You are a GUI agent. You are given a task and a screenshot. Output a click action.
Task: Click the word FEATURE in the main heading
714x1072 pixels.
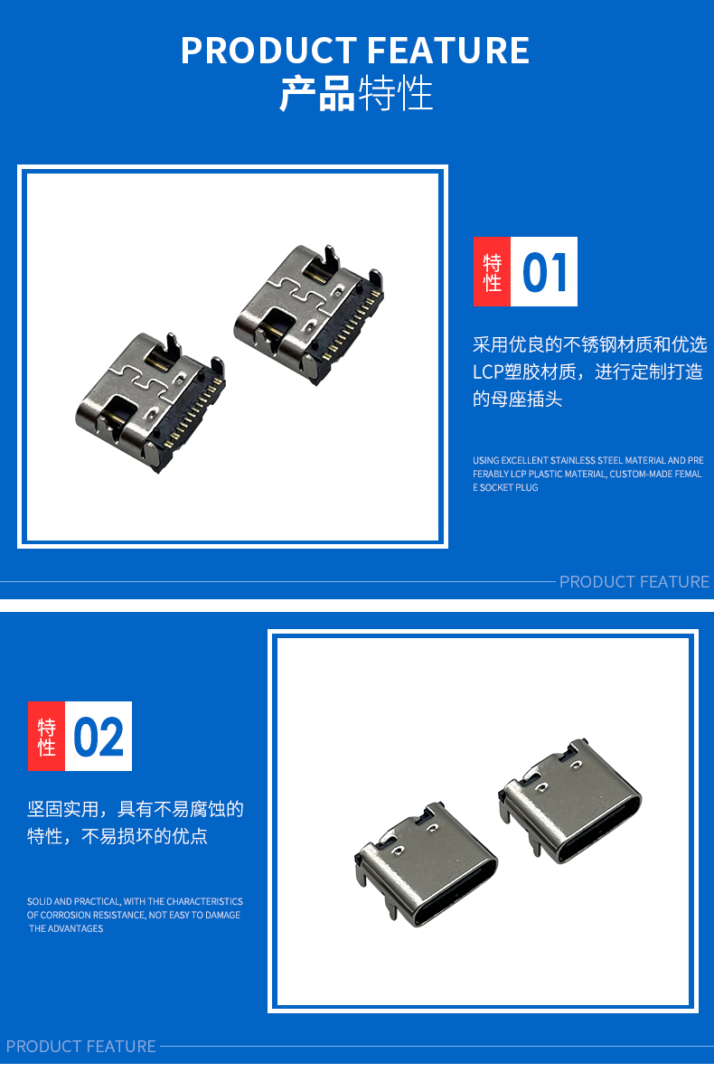pos(448,51)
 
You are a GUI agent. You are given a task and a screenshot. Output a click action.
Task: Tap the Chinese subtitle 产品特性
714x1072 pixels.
pos(356,94)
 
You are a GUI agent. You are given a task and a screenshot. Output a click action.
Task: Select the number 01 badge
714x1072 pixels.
pos(544,271)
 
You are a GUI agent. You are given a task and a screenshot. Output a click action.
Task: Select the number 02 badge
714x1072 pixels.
pos(99,737)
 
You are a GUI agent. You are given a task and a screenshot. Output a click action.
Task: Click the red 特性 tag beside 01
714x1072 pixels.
pos(493,271)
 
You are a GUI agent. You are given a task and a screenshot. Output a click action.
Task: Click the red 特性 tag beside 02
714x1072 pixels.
pos(46,737)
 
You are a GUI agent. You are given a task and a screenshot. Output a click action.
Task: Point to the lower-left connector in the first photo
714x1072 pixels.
pos(150,402)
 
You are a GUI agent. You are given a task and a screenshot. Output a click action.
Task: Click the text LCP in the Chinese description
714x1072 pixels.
pos(488,371)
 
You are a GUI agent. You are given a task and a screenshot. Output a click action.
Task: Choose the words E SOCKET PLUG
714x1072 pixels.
pos(505,487)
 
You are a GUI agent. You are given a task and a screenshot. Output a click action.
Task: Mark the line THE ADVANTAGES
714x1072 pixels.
pos(66,928)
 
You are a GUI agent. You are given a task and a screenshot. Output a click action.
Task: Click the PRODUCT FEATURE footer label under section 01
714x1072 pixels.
pos(634,582)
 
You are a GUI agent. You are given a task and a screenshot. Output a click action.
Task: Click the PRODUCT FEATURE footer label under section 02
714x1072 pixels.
pos(80,1046)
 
